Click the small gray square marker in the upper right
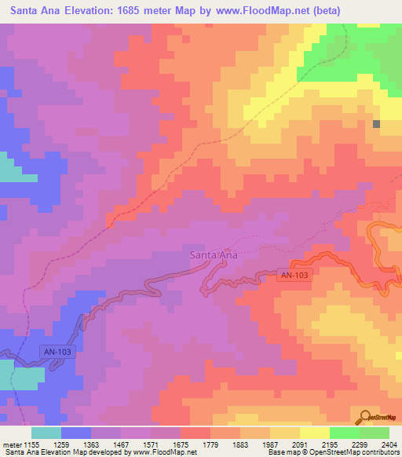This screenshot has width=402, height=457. [x=377, y=124]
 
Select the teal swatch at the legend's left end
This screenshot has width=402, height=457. [x=46, y=433]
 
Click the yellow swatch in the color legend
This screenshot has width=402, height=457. [x=314, y=433]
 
